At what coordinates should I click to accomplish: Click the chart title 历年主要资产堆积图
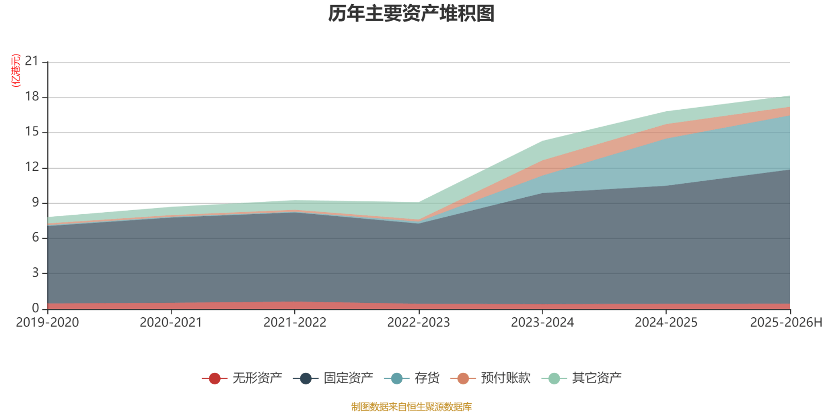coord(411,14)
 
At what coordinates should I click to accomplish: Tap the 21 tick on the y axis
coord(32,62)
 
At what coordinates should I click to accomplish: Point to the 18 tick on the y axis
coord(32,97)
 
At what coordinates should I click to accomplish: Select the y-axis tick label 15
coord(32,132)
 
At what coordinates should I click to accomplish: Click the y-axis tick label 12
coord(32,167)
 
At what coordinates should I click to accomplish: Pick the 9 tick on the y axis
coord(35,202)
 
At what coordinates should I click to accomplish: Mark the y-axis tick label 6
coord(35,237)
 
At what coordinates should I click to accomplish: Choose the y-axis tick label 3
coord(35,272)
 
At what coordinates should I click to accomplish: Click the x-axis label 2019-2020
coord(47,323)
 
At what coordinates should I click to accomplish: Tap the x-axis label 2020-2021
coord(171,323)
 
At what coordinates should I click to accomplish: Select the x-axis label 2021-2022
coord(295,323)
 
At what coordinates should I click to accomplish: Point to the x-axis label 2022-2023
coord(418,323)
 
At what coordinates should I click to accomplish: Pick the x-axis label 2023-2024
coord(542,323)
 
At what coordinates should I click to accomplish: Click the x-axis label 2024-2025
coord(666,323)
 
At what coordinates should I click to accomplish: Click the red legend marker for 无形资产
coord(214,379)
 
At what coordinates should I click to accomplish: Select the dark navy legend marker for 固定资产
coord(306,379)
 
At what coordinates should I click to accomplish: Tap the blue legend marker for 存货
coord(397,379)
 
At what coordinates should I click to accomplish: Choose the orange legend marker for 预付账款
coord(463,379)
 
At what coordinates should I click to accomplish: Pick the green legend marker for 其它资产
coord(554,379)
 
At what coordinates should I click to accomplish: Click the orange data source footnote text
coord(411,407)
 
